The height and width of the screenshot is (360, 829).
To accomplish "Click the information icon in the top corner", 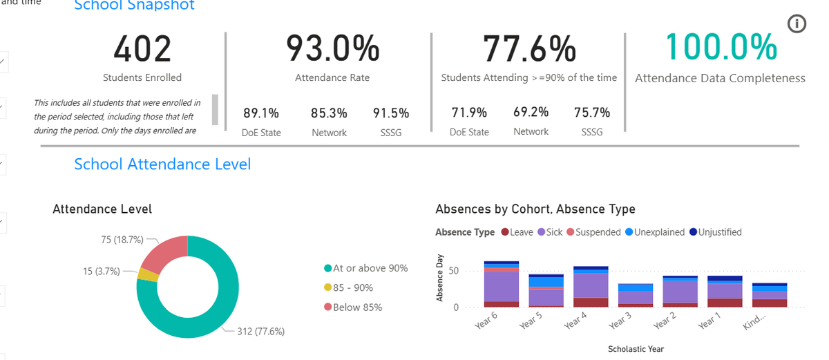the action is click(x=797, y=24).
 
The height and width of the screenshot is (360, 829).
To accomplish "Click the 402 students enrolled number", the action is click(x=142, y=49).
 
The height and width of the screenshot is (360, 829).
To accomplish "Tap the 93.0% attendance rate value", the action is click(x=333, y=48).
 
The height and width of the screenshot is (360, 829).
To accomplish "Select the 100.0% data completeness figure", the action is click(x=721, y=47).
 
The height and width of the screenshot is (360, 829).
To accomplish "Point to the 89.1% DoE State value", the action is click(x=261, y=113).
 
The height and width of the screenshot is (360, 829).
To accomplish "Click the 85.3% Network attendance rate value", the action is click(x=329, y=113).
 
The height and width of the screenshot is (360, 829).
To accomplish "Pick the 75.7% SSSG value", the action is click(x=592, y=113).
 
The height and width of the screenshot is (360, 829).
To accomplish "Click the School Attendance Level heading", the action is click(x=162, y=164).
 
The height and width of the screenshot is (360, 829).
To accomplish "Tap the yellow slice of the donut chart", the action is click(x=148, y=275).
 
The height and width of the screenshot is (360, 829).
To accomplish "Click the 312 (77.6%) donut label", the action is click(x=260, y=331).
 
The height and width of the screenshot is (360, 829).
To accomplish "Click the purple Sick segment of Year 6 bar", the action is click(x=502, y=287).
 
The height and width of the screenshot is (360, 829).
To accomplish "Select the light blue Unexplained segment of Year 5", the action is click(x=546, y=281).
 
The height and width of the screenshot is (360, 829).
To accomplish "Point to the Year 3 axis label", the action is click(x=620, y=321).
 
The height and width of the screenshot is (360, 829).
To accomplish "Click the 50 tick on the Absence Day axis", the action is click(x=453, y=270).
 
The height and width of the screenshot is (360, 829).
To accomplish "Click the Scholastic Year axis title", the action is click(x=636, y=349).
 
